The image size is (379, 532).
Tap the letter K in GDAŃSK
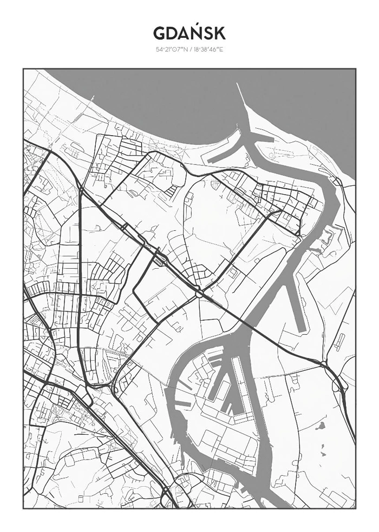(x=219, y=34)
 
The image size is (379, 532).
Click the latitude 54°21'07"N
(x=171, y=50)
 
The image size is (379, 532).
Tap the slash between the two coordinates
(x=189, y=50)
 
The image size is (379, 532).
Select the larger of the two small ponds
(x=320, y=426)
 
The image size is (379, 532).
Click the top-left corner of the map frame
(x=23, y=69)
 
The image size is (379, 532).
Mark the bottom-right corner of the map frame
(x=356, y=508)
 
